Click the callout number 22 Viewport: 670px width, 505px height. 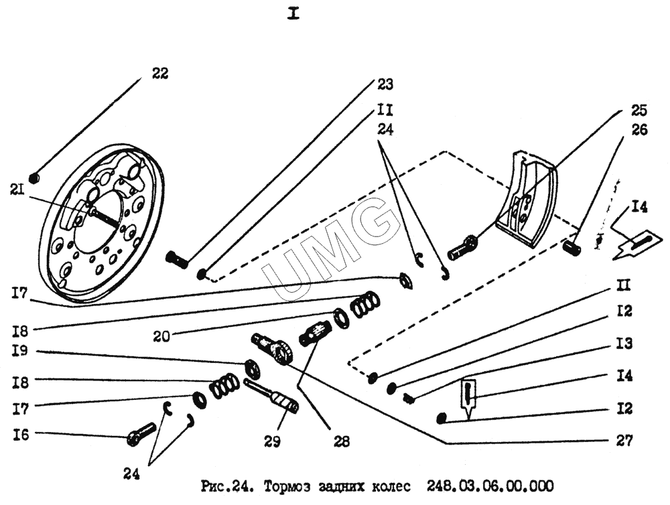pyautogui.click(x=159, y=73)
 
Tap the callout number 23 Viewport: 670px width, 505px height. pyautogui.click(x=384, y=85)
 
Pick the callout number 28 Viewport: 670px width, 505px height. pyautogui.click(x=342, y=442)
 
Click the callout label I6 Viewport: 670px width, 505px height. pyautogui.click(x=21, y=435)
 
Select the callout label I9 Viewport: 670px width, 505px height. pyautogui.click(x=21, y=350)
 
